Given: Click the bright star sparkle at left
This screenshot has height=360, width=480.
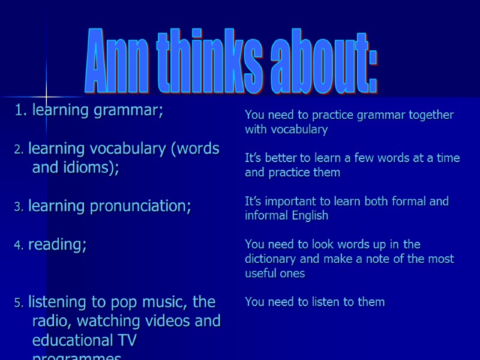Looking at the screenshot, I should pos(46,97).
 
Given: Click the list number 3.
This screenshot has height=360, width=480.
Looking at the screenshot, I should pos(18,207).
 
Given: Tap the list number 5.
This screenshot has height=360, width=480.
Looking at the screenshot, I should pos(18,303).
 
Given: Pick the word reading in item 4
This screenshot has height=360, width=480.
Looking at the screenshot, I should pos(56,245).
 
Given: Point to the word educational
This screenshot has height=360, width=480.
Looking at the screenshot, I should pos(71,340).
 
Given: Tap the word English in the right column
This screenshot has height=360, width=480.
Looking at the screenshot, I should pos(312,215).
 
